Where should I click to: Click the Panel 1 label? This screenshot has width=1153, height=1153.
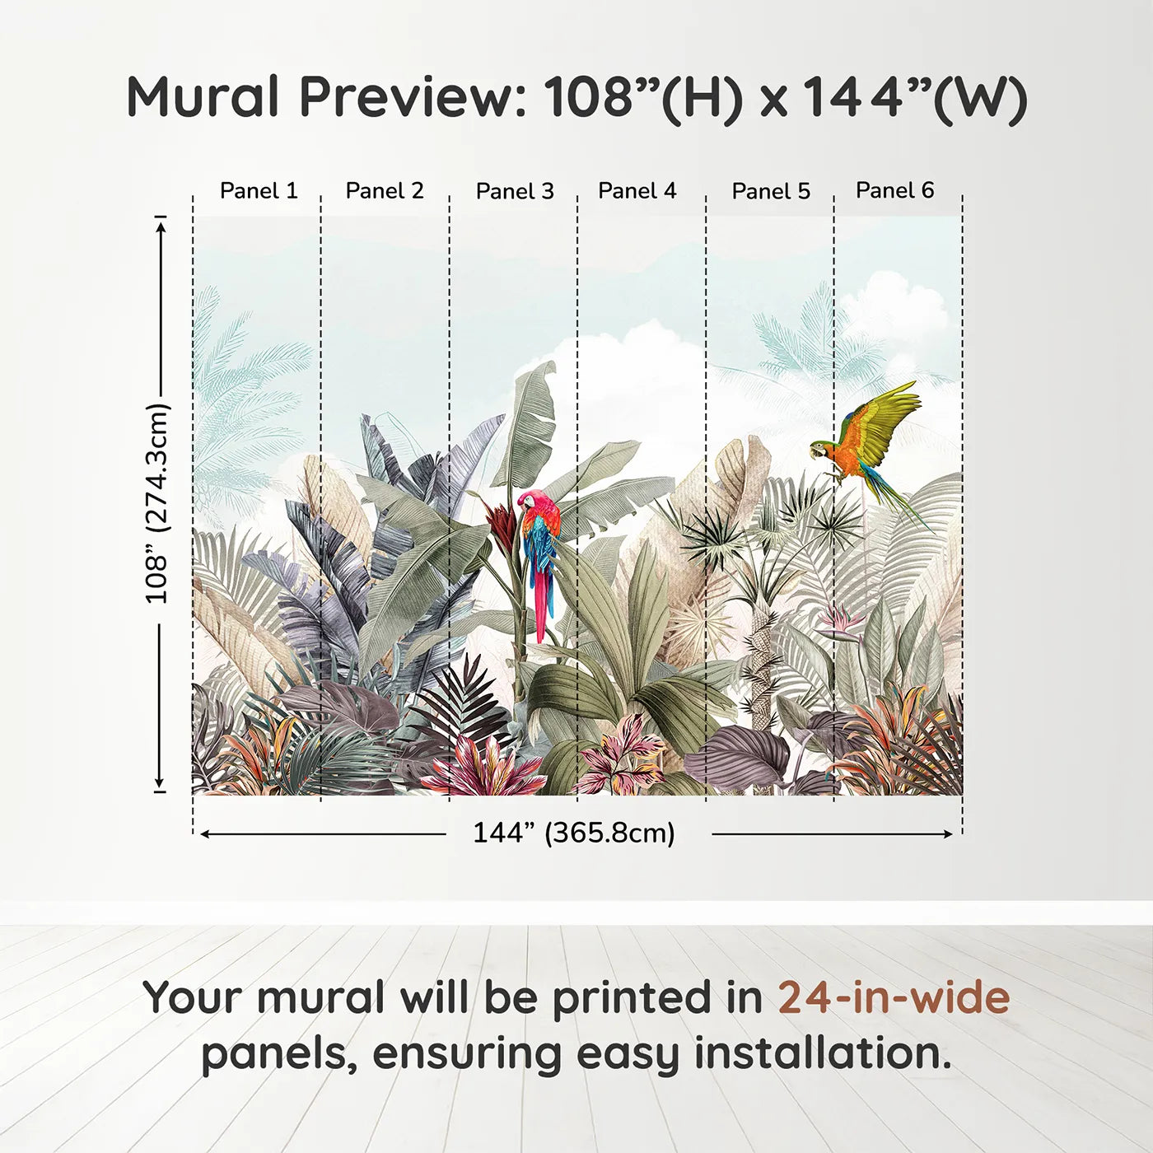(x=259, y=191)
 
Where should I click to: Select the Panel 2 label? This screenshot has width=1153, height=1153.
(x=385, y=191)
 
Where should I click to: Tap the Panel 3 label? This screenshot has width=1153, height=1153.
(x=515, y=191)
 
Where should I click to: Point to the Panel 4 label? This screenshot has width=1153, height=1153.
(x=637, y=191)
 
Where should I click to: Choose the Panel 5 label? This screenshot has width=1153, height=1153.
(x=771, y=191)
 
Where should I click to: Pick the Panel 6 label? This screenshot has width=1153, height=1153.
(x=894, y=190)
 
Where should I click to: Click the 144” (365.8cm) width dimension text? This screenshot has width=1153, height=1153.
(x=574, y=833)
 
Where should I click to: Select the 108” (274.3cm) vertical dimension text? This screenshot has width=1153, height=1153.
(x=157, y=503)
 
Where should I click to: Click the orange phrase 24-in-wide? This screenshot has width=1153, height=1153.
(x=894, y=997)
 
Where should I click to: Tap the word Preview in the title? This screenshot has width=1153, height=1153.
(x=412, y=97)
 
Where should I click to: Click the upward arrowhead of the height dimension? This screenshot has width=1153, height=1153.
(x=161, y=224)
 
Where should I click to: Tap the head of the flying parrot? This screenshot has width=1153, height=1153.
(x=819, y=450)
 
